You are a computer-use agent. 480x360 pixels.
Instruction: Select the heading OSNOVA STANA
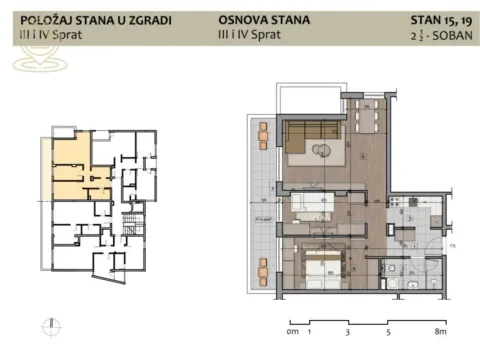262,19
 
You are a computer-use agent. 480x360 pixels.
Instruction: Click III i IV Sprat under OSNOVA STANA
250,34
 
